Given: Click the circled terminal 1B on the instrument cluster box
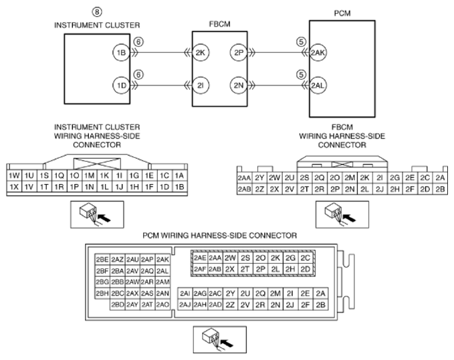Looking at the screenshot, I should pyautogui.click(x=120, y=54).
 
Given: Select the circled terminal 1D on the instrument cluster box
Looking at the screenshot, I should pyautogui.click(x=120, y=85).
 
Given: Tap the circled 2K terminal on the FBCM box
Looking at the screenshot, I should pyautogui.click(x=201, y=54).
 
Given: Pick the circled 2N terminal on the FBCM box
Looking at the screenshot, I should pyautogui.click(x=239, y=85).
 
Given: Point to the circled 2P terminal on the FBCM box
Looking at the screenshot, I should pyautogui.click(x=239, y=54).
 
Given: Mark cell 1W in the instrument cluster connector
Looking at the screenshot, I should pyautogui.click(x=13, y=175).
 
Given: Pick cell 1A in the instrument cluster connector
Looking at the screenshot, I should pyautogui.click(x=179, y=175).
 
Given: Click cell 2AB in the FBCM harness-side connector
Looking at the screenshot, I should pyautogui.click(x=244, y=189).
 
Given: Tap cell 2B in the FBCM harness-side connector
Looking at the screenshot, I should pyautogui.click(x=439, y=189).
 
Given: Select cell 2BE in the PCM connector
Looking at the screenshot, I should pyautogui.click(x=102, y=260).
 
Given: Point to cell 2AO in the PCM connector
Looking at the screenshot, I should pyautogui.click(x=162, y=304).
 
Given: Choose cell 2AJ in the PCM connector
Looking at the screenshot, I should pyautogui.click(x=185, y=304).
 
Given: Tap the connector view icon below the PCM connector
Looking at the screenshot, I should pyautogui.click(x=218, y=338).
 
